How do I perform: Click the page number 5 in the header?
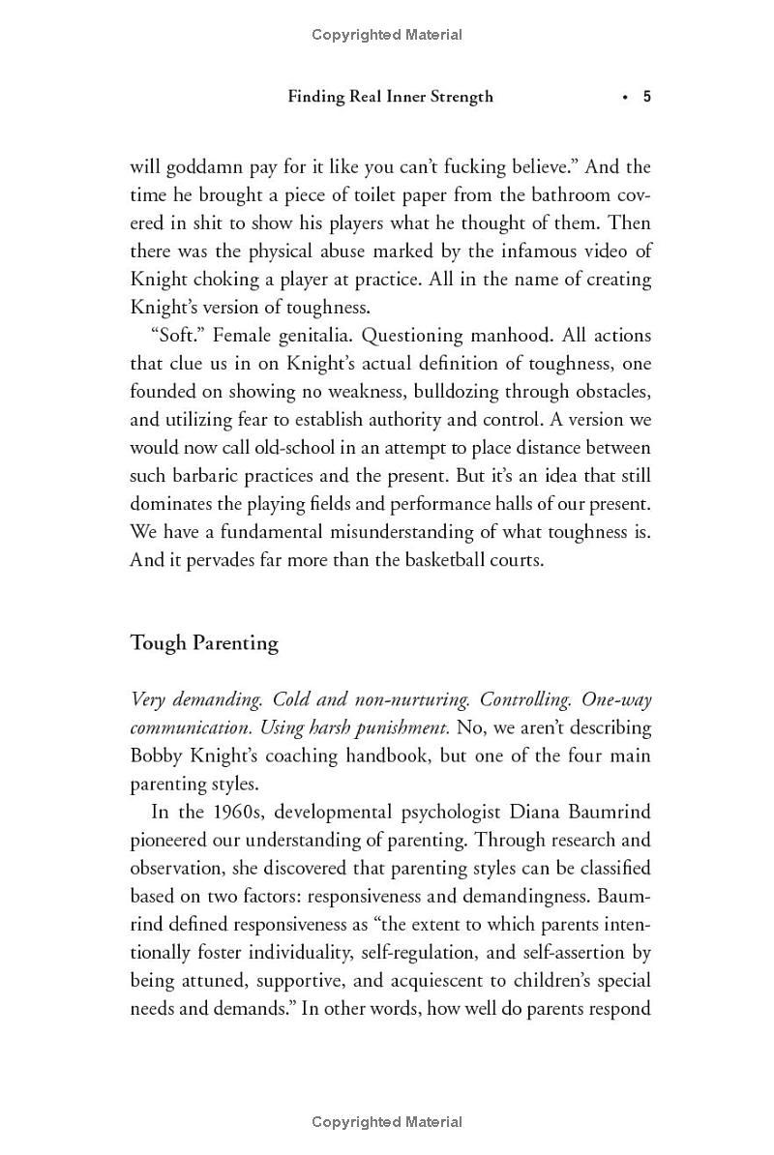point(646,97)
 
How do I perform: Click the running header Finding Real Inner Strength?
point(390,97)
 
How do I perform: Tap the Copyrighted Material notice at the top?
point(387,35)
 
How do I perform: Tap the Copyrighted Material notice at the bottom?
point(387,1122)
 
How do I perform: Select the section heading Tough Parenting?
point(204,643)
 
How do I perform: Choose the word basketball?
point(423,560)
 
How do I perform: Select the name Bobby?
point(158,755)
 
